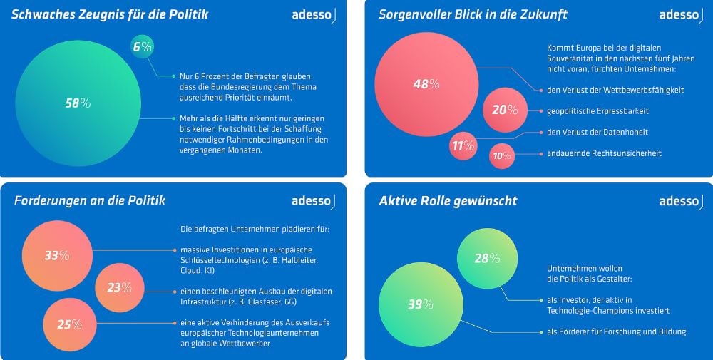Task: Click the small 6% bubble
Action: point(143,48)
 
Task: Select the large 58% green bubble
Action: point(77,103)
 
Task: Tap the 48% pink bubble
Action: point(426,84)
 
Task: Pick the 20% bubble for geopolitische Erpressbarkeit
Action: point(505,110)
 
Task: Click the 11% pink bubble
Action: point(463,146)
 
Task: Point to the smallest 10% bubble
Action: point(502,156)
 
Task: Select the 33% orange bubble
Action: point(57,255)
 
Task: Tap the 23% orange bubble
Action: point(119,288)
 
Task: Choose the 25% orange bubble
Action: point(69,324)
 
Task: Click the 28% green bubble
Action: point(487,258)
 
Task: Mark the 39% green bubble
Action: point(421,304)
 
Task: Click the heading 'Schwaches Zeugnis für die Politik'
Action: point(111,14)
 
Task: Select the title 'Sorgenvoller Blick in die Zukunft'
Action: point(473,14)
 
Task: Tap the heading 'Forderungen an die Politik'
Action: point(90,200)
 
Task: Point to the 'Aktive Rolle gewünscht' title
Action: point(448,201)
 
